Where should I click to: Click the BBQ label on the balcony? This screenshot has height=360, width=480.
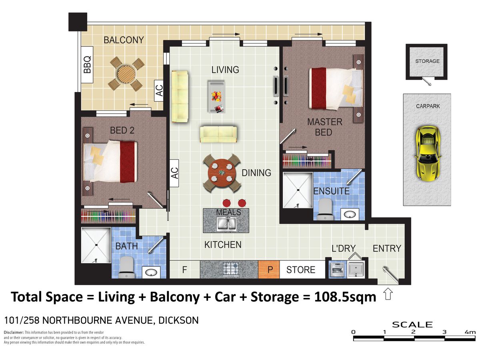click(87, 65)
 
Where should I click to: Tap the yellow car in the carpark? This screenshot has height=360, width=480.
click(428, 153)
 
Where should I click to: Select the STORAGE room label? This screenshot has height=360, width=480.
click(427, 61)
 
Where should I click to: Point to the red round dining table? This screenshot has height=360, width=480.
click(222, 173)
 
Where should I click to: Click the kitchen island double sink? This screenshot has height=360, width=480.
click(226, 224)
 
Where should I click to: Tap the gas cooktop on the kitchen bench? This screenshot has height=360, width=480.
click(230, 269)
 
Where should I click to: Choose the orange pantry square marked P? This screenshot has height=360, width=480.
click(268, 269)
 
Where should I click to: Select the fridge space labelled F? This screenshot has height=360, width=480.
click(184, 270)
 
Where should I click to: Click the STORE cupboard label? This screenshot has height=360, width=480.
click(301, 270)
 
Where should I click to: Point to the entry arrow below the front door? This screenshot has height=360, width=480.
click(388, 294)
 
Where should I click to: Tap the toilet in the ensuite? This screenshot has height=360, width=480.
click(325, 209)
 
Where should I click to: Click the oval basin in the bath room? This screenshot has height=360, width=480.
click(151, 272)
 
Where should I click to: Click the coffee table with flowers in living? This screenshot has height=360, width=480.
click(216, 96)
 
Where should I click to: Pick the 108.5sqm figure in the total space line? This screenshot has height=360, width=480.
click(345, 297)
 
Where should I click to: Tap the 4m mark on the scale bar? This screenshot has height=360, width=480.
click(470, 332)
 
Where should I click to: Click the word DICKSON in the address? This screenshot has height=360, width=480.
click(179, 320)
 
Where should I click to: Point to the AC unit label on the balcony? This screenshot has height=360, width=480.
click(159, 90)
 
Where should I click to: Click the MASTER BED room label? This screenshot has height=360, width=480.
click(324, 127)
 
